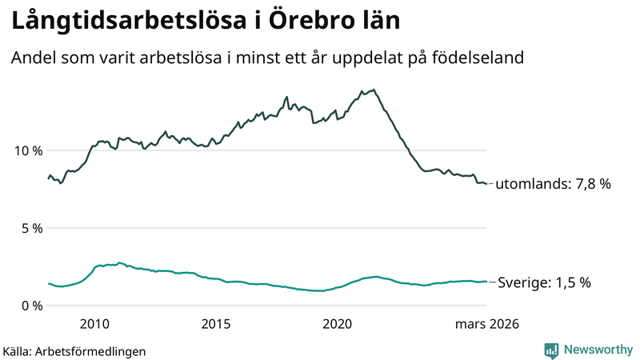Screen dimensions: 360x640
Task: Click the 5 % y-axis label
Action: pos(31,228)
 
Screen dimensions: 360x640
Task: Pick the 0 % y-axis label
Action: pos(31,306)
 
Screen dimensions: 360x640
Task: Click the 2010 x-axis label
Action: pos(94,324)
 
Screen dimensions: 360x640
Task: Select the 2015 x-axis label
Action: pos(216,324)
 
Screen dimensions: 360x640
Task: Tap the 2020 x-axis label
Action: pos(338,324)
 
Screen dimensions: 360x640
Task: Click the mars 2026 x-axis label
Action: pos(486,324)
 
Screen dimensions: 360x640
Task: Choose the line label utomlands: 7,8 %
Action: pos(553,184)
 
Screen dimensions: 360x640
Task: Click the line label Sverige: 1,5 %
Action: pos(544,282)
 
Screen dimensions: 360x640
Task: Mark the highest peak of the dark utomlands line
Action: pos(374,90)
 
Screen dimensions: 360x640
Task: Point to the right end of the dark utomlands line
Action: pos(486,184)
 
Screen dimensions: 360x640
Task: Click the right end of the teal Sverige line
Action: pos(486,282)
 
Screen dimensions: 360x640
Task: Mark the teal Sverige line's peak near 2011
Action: pos(119,262)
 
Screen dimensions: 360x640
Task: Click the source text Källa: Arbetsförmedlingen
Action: pos(74,351)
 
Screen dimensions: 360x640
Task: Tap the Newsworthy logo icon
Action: pos(551,350)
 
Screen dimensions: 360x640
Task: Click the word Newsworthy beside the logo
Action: pos(598,350)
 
